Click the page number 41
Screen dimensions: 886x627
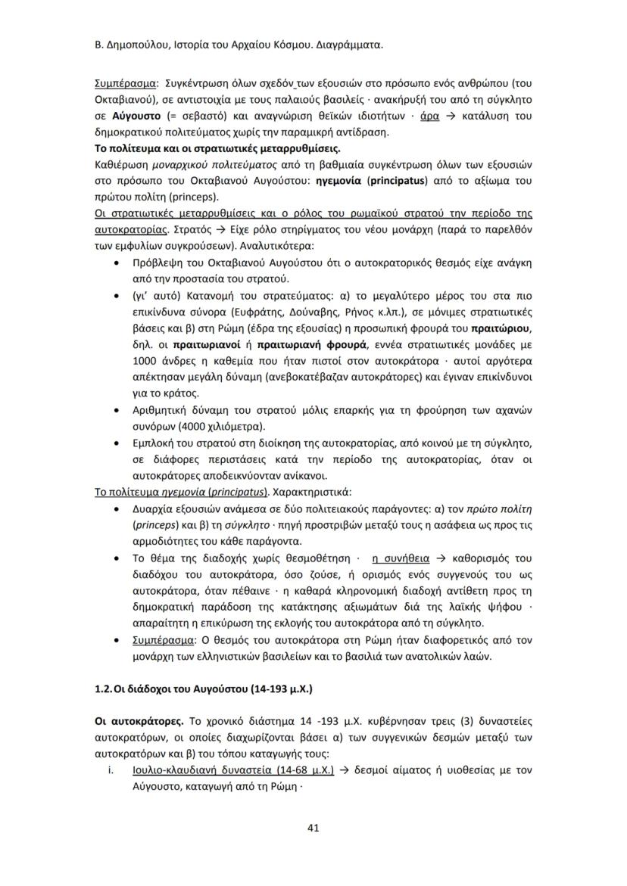[313, 827]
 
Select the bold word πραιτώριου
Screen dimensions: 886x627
[502, 328]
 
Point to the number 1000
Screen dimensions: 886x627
[145, 361]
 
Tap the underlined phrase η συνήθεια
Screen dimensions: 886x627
[400, 559]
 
